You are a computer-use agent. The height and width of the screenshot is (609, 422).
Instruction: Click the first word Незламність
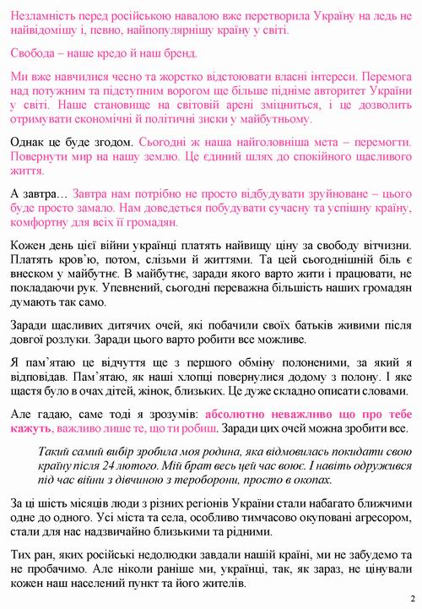[x=48, y=14]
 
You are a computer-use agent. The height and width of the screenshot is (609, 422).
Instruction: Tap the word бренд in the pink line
[x=178, y=54]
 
